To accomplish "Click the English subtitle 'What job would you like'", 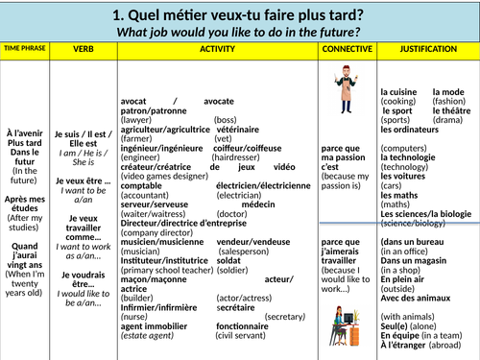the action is coord(239,33).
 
